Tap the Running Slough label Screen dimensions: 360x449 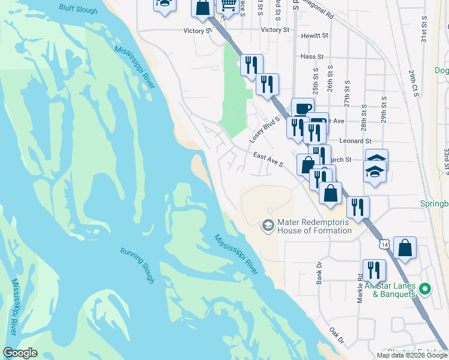pyautogui.click(x=137, y=265)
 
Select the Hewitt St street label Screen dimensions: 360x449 pyautogui.click(x=315, y=36)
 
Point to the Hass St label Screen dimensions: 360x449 pyautogui.click(x=312, y=56)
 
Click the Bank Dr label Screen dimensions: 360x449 pyautogui.click(x=319, y=272)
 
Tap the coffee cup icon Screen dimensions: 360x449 pyautogui.click(x=303, y=109)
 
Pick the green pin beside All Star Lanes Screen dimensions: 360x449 pyautogui.click(x=426, y=290)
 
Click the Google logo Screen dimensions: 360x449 pyautogui.click(x=20, y=353)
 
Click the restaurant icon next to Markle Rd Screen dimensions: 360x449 pyautogui.click(x=374, y=271)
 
